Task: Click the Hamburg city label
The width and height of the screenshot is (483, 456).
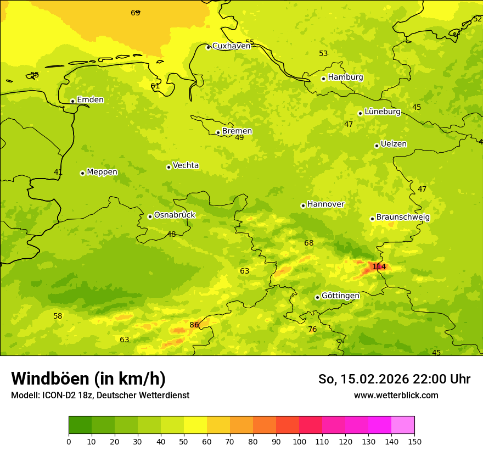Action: click(x=345, y=77)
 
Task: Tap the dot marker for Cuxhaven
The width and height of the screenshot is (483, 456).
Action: click(x=208, y=47)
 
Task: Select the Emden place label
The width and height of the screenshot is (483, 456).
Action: click(x=90, y=100)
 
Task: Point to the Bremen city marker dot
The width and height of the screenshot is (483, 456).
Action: click(x=218, y=132)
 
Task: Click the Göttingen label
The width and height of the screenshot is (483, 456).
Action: click(x=340, y=296)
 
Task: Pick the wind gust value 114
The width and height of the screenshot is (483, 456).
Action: click(x=379, y=267)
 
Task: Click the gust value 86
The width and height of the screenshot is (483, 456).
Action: click(x=194, y=325)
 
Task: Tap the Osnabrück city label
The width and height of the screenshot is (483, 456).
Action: click(x=175, y=215)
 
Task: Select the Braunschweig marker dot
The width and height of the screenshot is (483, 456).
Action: click(x=372, y=219)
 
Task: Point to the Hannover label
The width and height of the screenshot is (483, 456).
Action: click(x=325, y=204)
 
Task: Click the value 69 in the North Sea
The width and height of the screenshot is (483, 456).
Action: click(x=136, y=13)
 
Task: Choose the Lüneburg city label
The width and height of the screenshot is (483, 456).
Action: click(x=383, y=112)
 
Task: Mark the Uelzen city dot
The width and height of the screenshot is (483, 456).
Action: click(x=377, y=146)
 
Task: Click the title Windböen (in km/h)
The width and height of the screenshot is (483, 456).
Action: click(x=88, y=379)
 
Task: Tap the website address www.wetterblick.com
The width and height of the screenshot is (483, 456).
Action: click(x=396, y=395)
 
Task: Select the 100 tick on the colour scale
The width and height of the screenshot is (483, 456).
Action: click(x=299, y=441)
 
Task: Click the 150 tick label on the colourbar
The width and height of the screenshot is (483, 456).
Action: click(x=414, y=441)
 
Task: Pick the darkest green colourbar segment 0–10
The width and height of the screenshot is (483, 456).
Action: click(x=80, y=425)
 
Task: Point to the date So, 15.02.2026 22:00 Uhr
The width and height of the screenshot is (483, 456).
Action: click(x=394, y=379)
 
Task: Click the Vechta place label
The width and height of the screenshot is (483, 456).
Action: click(x=186, y=166)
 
